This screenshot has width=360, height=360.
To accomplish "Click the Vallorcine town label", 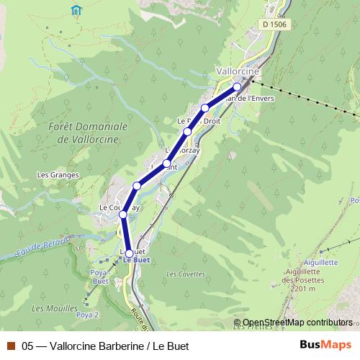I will pyautogui.click(x=238, y=72).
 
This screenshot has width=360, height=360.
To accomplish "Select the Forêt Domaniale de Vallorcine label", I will pyautogui.click(x=89, y=132).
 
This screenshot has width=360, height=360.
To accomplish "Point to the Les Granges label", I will pyautogui.click(x=53, y=175).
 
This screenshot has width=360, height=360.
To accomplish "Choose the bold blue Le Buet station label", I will pyautogui.click(x=136, y=261).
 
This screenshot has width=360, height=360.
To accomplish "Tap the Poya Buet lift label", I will pyautogui.click(x=99, y=277).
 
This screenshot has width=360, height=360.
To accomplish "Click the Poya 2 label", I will pyautogui.click(x=87, y=315).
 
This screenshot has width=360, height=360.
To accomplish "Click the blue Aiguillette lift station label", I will pyautogui.click(x=320, y=263).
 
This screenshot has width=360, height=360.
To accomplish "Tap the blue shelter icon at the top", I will pyautogui.click(x=77, y=10).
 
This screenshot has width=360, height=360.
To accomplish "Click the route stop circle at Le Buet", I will pyautogui.click(x=130, y=253).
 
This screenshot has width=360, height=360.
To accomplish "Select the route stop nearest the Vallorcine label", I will pyautogui.click(x=237, y=86).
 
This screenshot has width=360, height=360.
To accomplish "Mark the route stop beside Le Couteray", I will pyautogui.click(x=123, y=215).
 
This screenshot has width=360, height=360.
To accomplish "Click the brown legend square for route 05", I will pyautogui.click(x=11, y=346).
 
